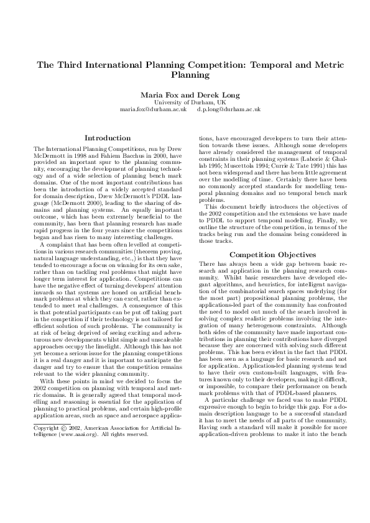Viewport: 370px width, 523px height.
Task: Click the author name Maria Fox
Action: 159,94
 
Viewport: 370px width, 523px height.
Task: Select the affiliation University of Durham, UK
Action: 185,101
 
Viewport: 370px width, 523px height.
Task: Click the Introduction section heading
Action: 107,137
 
